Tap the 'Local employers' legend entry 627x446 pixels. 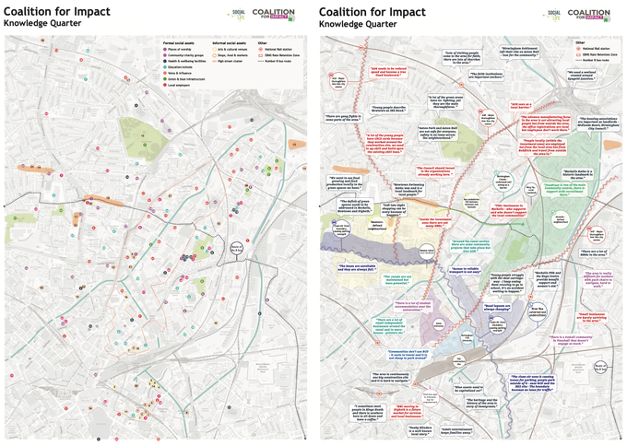pyautogui.click(x=182, y=85)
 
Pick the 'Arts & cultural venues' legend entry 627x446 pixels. pyautogui.click(x=232, y=50)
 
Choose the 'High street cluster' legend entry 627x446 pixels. pyautogui.click(x=232, y=61)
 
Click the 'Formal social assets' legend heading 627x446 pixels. pyautogui.click(x=183, y=42)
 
